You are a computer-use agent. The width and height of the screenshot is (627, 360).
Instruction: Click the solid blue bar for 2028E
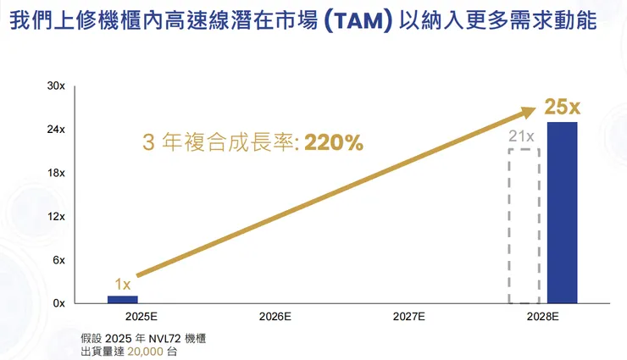(562, 212)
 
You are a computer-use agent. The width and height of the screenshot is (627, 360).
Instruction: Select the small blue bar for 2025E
(122, 299)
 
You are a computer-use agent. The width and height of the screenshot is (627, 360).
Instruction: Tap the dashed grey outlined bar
(524, 226)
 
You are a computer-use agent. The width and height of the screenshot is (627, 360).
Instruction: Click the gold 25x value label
(562, 108)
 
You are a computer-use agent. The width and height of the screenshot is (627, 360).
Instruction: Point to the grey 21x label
(521, 136)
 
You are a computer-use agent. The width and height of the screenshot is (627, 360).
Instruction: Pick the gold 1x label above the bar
(123, 285)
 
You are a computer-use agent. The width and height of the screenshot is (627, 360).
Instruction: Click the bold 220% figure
(334, 143)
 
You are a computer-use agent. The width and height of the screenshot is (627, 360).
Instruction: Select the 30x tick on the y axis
(57, 86)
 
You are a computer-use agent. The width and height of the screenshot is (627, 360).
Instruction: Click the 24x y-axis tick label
(57, 130)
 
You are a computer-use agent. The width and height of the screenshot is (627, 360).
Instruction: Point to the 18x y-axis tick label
(57, 173)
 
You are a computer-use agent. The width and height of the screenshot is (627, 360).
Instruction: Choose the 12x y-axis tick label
(57, 216)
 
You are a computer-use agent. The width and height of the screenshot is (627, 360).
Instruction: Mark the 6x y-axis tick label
(59, 259)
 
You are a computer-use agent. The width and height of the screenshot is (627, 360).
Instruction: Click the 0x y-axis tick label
(59, 302)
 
